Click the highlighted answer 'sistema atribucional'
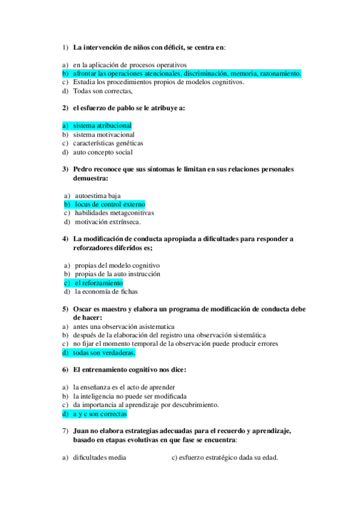click(x=102, y=126)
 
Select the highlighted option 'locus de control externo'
click(x=109, y=204)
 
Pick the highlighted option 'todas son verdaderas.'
click(x=104, y=352)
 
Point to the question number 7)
click(x=66, y=431)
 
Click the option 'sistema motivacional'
click(x=103, y=135)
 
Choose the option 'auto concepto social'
click(x=102, y=152)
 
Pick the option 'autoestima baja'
click(x=97, y=195)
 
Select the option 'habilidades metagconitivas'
click(x=114, y=213)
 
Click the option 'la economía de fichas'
click(x=106, y=292)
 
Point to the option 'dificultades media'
click(x=99, y=458)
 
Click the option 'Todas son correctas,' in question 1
click(x=102, y=91)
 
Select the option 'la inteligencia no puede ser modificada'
click(x=129, y=396)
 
